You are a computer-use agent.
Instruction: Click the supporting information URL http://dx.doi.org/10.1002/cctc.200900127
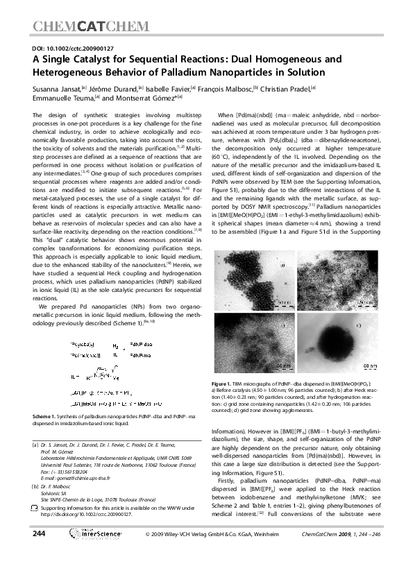click(x=88, y=515)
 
